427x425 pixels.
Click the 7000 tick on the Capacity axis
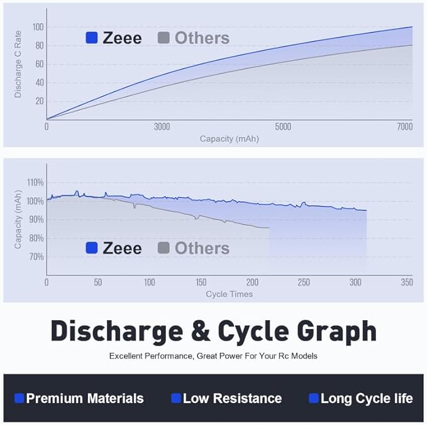pos(404,126)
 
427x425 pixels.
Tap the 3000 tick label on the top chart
pos(162,126)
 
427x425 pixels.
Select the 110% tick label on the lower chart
pos(35,183)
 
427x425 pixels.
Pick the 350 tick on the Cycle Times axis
pos(406,282)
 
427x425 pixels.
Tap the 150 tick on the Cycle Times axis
pos(201,282)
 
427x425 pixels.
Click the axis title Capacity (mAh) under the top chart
pos(229,138)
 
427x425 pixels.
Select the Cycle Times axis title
pos(229,294)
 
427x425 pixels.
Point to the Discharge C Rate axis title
pos(18,64)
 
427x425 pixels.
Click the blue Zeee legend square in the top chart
pos(92,38)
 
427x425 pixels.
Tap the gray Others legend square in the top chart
pos(164,38)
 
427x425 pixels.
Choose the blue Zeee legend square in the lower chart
pos(92,247)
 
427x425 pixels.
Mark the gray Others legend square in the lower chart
pos(164,247)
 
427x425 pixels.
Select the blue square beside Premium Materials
pos(19,398)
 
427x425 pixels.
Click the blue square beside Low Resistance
pos(176,398)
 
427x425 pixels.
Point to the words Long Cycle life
pos(367,398)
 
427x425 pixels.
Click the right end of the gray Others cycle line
pos(269,228)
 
